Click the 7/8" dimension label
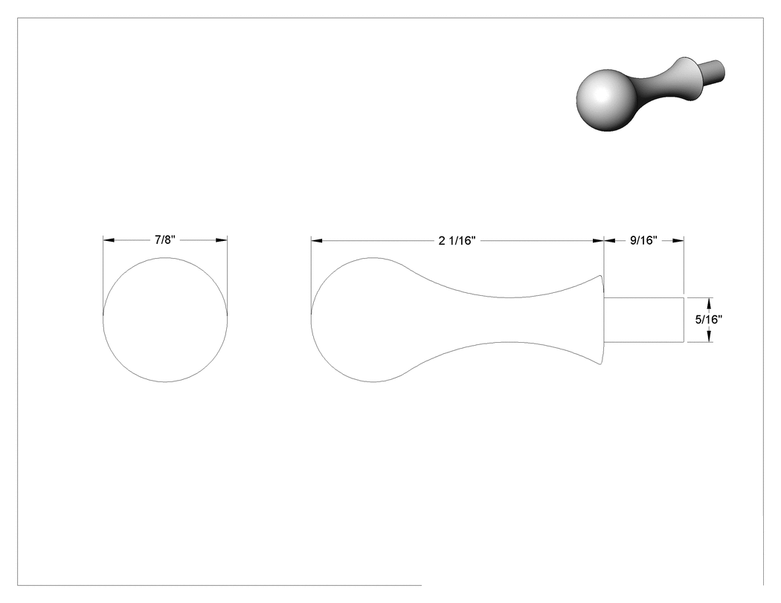point(165,240)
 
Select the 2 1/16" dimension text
point(457,241)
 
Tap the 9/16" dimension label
point(643,240)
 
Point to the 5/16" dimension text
point(709,320)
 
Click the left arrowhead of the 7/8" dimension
point(109,240)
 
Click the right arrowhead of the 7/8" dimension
point(222,240)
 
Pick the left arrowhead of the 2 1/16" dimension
point(317,240)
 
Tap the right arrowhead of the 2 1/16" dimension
point(598,240)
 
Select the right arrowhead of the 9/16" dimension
point(678,240)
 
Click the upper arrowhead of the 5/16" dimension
point(709,303)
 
